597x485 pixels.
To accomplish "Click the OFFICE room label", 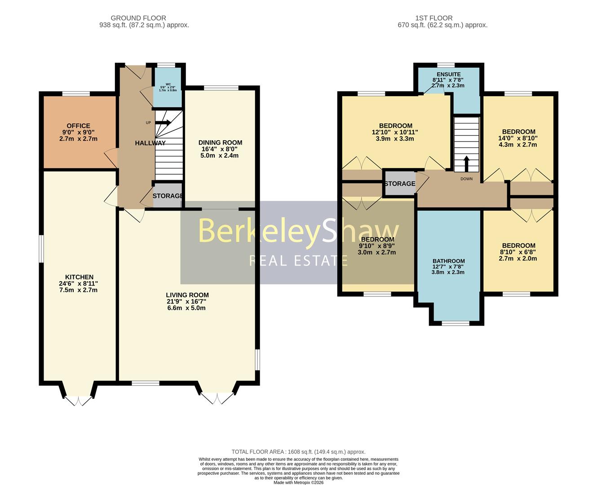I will tap(78, 126).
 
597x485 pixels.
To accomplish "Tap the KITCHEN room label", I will tap(79, 277).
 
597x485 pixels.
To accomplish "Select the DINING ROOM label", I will tap(220, 142).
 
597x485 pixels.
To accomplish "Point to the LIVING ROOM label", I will tap(187, 295).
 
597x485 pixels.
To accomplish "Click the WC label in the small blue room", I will tap(168, 84).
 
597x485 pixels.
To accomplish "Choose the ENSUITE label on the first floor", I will tap(448, 74).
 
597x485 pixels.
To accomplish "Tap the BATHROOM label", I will tap(448, 261).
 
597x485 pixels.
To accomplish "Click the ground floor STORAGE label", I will tap(168, 196).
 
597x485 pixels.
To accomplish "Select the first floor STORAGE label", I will tap(399, 184).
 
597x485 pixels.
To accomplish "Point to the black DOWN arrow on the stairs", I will tap(466, 163).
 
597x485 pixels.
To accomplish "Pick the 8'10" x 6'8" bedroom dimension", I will tap(518, 252).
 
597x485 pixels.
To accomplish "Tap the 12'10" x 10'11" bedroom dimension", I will tap(395, 132).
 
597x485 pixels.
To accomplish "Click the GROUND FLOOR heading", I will tap(138, 18).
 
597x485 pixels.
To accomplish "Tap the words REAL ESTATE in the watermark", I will tap(298, 260).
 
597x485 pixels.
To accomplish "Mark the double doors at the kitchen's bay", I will tap(78, 401).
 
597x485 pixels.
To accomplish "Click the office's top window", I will tap(75, 93).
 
